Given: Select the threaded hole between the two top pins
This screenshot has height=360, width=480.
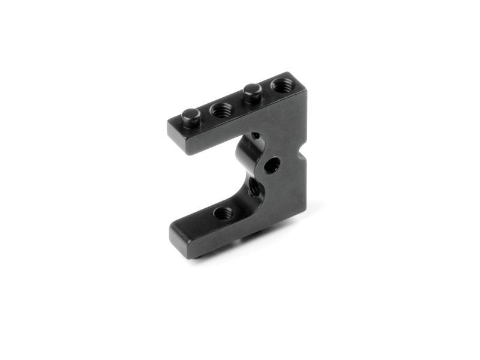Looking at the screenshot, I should tap(222, 109).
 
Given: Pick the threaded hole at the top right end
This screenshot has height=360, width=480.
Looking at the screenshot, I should tap(281, 85).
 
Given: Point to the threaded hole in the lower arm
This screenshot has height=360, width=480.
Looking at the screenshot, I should tap(224, 212).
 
